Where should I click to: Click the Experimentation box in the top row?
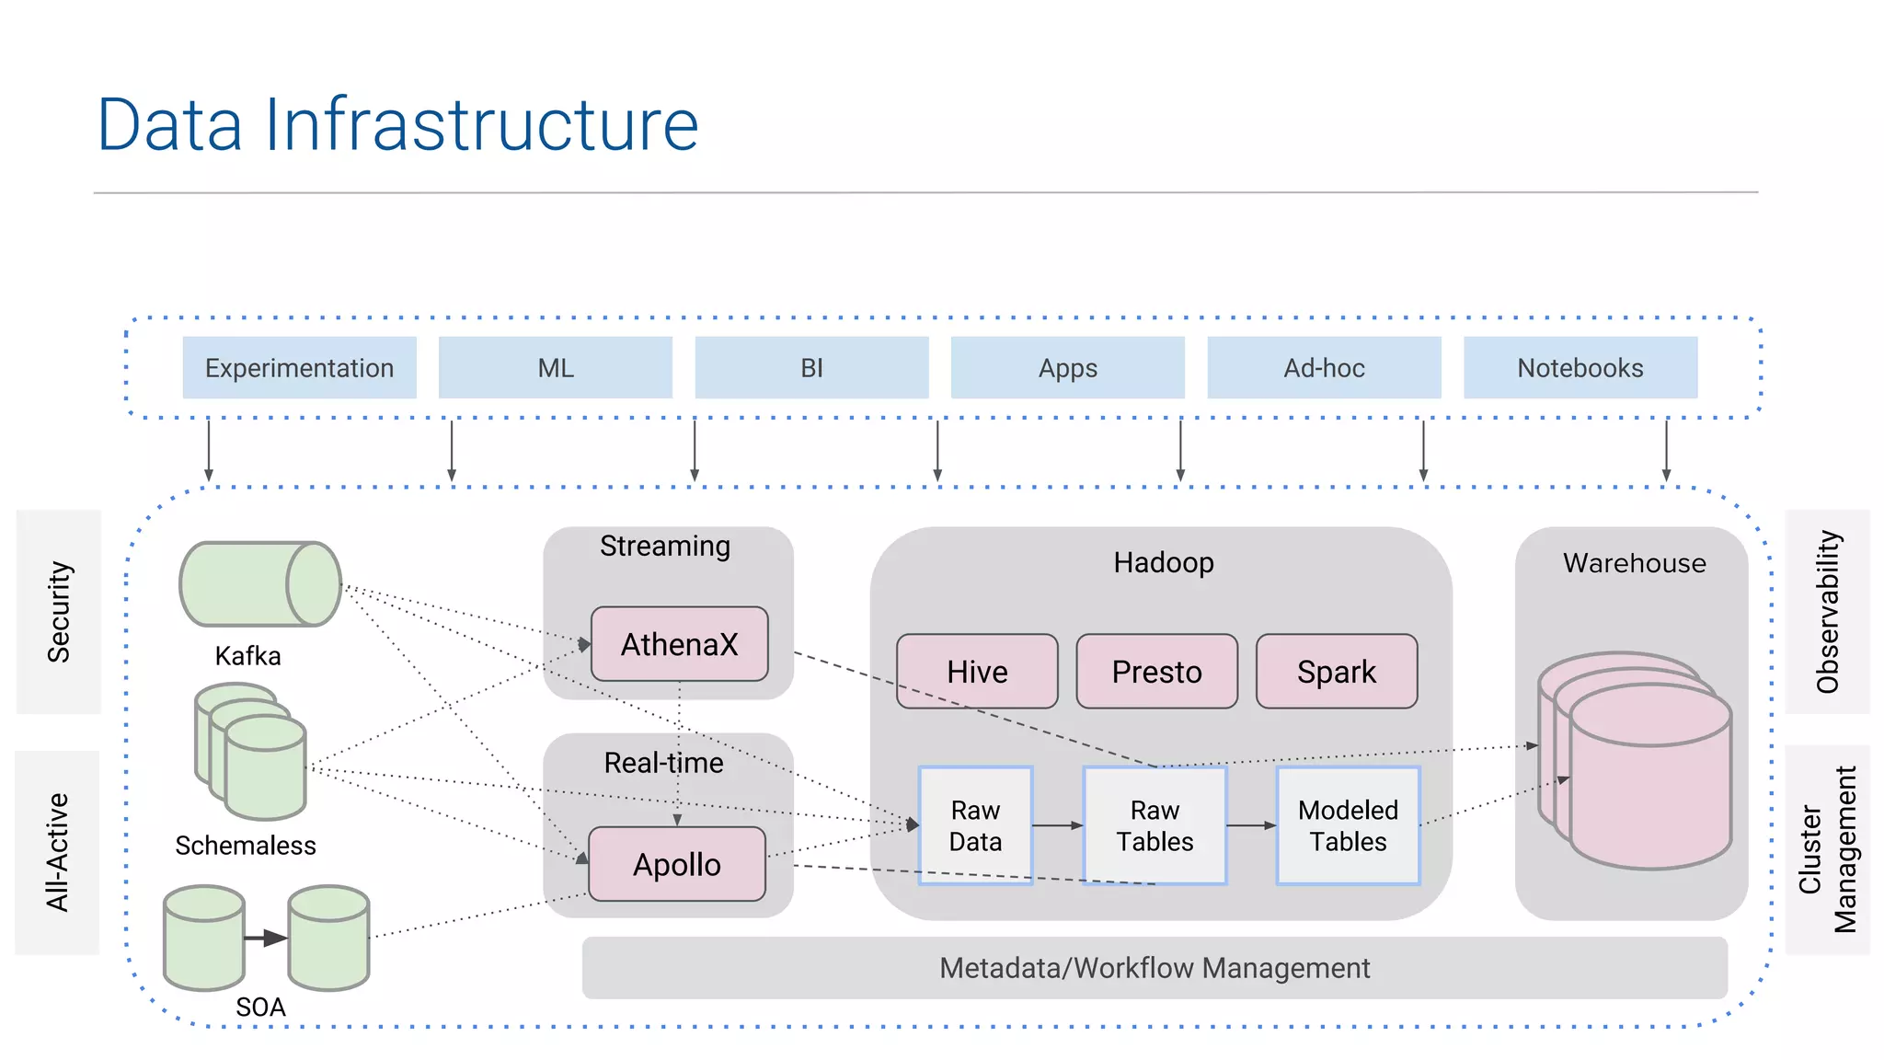299,368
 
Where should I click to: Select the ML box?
555,368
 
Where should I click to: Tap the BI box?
811,368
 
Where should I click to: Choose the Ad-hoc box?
1324,368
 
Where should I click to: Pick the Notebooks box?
1580,368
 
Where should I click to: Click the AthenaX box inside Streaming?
679,644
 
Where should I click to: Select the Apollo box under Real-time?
677,864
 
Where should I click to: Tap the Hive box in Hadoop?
977,672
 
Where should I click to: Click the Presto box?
1156,672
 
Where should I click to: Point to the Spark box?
1336,672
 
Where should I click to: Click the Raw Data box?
975,825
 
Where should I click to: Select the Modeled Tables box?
1348,825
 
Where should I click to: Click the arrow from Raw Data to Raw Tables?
1058,825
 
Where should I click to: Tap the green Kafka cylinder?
259,584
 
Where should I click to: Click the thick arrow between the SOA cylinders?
266,938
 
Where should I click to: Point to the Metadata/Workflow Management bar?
1155,968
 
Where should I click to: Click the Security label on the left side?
58,612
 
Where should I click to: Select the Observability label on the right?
1827,612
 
